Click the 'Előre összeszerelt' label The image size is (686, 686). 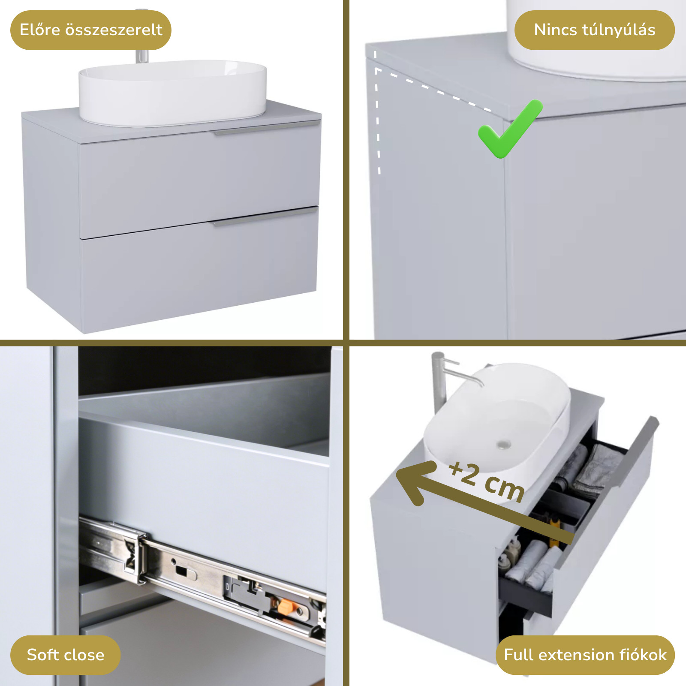coord(91,30)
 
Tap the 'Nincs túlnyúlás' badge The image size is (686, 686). coord(594,30)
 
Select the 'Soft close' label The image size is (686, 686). coord(65,655)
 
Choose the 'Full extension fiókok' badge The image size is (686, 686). coord(585,655)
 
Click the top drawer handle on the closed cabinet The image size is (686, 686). coord(267,128)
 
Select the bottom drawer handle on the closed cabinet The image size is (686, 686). coord(265,217)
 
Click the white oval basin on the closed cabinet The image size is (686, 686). coord(172,93)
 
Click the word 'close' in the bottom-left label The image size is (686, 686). coord(84,655)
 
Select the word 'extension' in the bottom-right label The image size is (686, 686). coord(574,655)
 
